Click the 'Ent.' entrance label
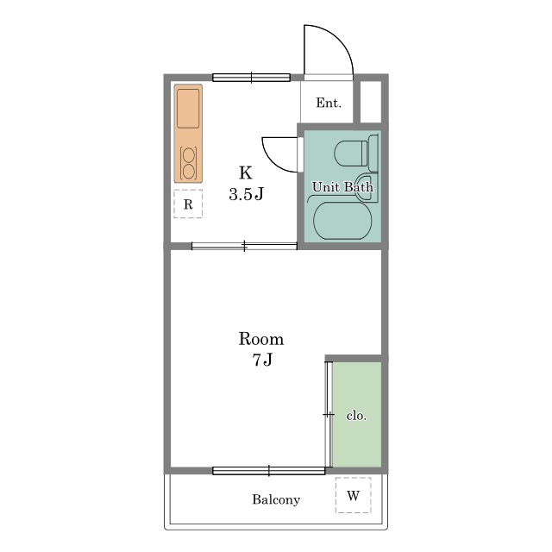pyautogui.click(x=329, y=103)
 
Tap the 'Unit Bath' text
pyautogui.click(x=342, y=187)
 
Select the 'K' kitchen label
pyautogui.click(x=246, y=172)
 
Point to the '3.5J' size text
pyautogui.click(x=246, y=194)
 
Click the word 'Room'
pyautogui.click(x=261, y=339)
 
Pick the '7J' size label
pyautogui.click(x=262, y=360)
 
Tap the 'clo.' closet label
pyautogui.click(x=356, y=416)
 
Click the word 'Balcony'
pyautogui.click(x=276, y=500)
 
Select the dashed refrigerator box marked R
pyautogui.click(x=188, y=204)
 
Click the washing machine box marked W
pyautogui.click(x=353, y=495)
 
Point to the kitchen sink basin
pyautogui.click(x=188, y=109)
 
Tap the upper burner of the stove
pyautogui.click(x=189, y=155)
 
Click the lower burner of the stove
pyautogui.click(x=189, y=172)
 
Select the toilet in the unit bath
pyautogui.click(x=355, y=153)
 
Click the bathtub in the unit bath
pyautogui.click(x=342, y=221)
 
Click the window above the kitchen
pyautogui.click(x=251, y=78)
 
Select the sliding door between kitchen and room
pyautogui.click(x=244, y=246)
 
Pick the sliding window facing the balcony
pyautogui.click(x=269, y=470)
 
